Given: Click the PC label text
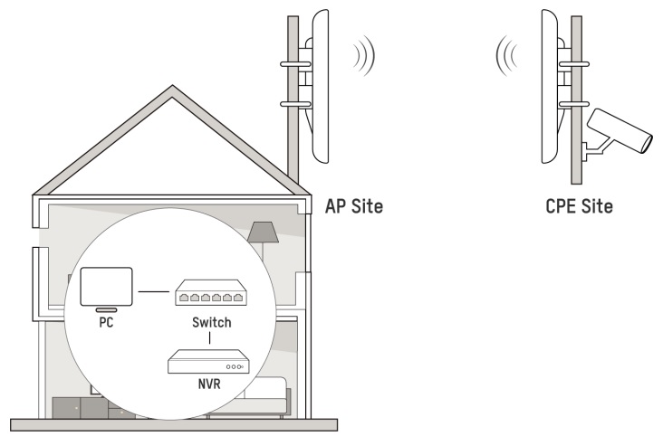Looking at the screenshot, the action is tap(106, 322).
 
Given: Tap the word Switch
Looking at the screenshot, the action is tap(211, 322).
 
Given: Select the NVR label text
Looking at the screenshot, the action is tap(209, 384).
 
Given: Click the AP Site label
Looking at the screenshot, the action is tap(354, 206).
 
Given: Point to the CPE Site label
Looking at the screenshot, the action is tap(579, 206).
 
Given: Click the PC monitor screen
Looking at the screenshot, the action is tap(107, 286).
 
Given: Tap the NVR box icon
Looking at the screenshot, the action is tap(209, 362).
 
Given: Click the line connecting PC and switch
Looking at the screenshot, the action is tap(154, 291).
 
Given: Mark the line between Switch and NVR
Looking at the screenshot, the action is tap(210, 338).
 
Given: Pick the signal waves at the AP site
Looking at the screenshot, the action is tap(364, 56).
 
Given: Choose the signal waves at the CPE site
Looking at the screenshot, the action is tap(506, 56).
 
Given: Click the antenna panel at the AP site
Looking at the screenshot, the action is tap(320, 86).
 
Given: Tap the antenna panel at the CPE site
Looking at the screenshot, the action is tap(550, 86).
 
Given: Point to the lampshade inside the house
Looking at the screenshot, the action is tap(263, 232).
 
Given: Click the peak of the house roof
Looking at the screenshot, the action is tap(172, 86).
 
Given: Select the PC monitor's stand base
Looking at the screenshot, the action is tap(107, 310).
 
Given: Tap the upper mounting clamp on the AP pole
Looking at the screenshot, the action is tap(296, 64).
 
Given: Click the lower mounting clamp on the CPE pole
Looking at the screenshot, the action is tap(574, 104).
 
